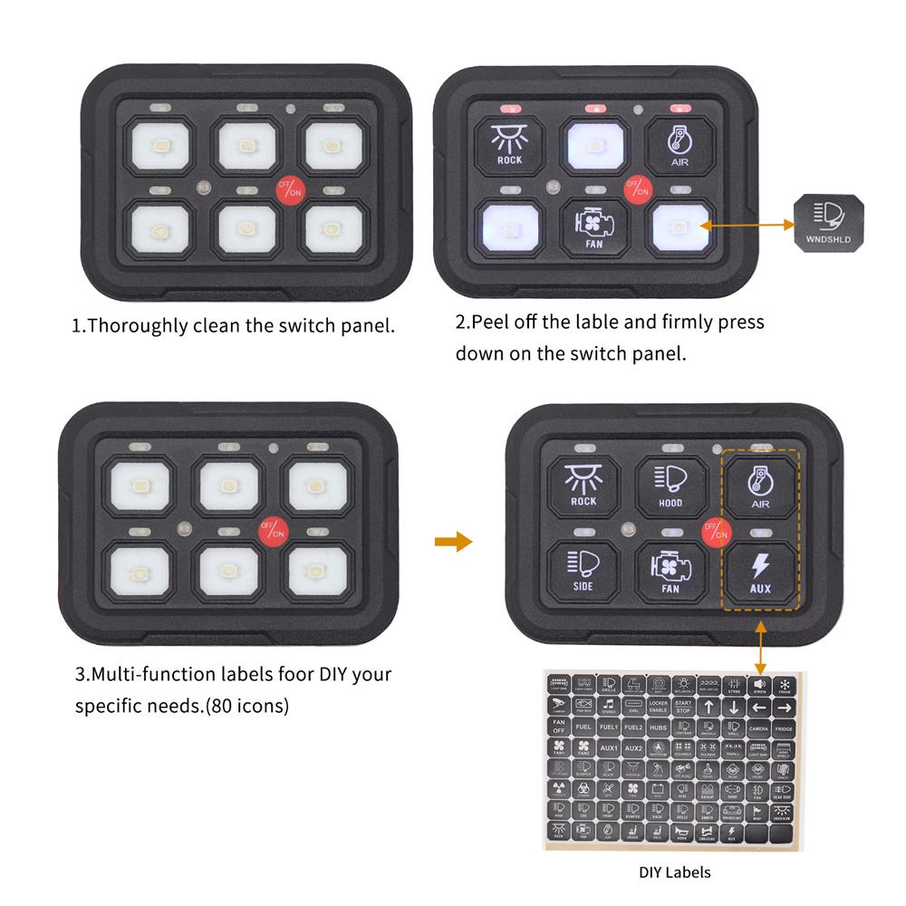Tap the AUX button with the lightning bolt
coord(761,573)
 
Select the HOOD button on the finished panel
coord(671,486)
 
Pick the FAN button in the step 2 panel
coord(593,227)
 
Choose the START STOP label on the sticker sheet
coord(683,706)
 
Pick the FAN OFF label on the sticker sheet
coord(559,728)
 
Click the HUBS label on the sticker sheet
coord(659,728)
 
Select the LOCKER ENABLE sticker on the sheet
coord(659,706)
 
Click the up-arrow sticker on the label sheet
coord(708,706)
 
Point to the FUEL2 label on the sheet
coord(633,728)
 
